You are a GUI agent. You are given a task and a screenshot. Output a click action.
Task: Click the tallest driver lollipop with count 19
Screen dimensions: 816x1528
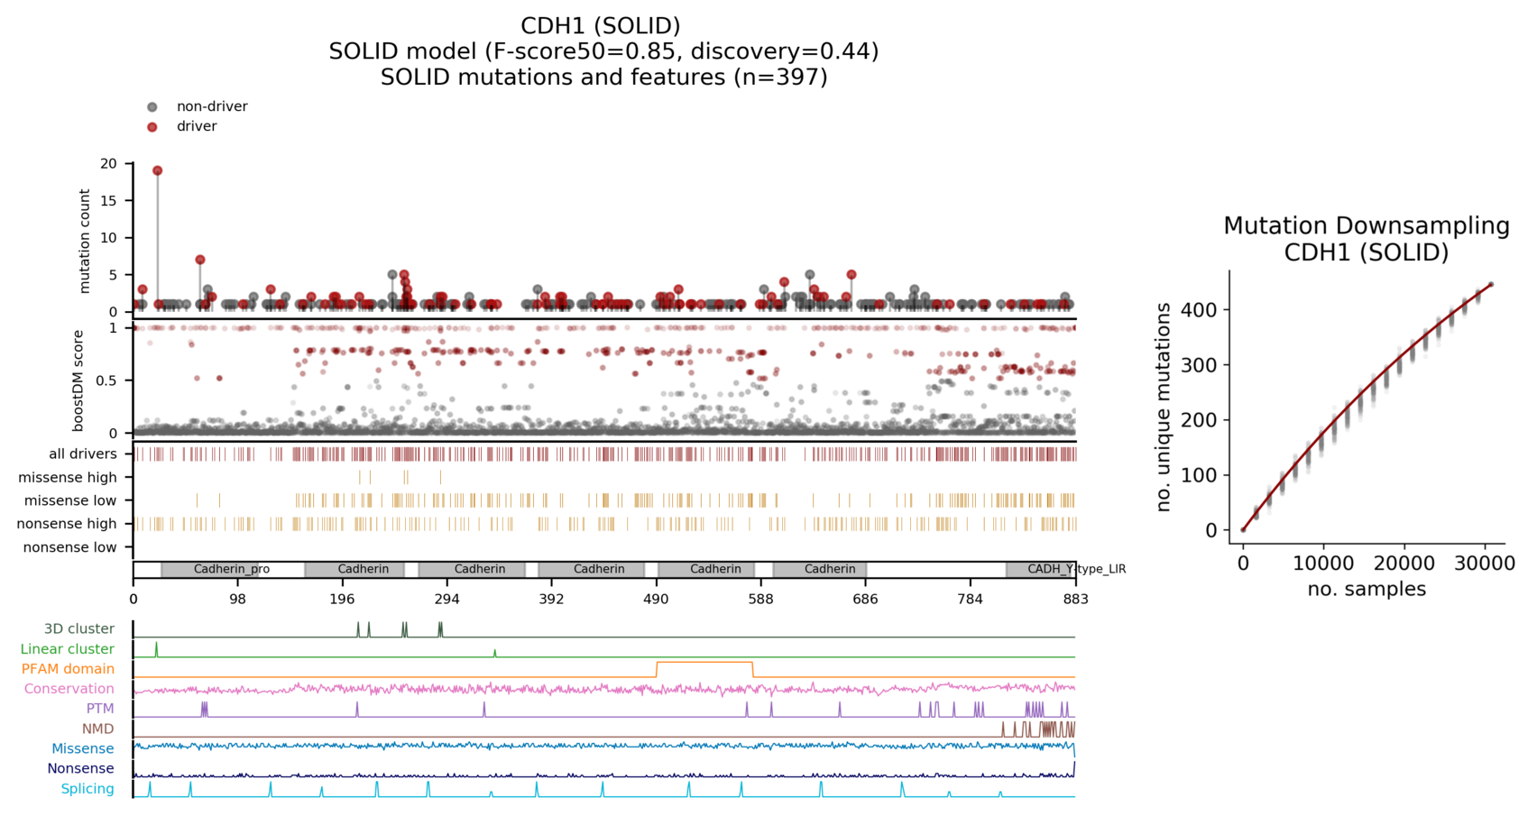[158, 170]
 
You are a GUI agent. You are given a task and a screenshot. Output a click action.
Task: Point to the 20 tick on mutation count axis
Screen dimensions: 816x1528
[109, 163]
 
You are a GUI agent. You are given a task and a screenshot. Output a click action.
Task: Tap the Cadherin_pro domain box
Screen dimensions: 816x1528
[231, 569]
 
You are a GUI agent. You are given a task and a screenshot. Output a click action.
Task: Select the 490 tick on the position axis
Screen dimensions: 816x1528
[656, 598]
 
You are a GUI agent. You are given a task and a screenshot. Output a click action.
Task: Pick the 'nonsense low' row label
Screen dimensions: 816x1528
[69, 547]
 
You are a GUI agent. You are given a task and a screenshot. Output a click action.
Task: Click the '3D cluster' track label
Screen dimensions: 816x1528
[78, 628]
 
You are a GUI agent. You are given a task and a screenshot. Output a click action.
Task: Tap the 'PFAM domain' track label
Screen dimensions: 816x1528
[68, 669]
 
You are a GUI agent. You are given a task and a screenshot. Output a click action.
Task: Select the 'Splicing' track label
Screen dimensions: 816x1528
[87, 789]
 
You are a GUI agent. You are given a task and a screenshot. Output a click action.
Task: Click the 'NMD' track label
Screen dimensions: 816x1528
[97, 729]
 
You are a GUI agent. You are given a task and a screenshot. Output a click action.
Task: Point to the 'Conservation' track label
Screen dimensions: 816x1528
[69, 689]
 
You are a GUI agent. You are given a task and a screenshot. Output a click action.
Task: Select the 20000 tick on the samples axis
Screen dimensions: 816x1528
[1404, 564]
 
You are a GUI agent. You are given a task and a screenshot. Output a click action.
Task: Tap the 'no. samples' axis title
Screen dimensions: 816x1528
[1366, 590]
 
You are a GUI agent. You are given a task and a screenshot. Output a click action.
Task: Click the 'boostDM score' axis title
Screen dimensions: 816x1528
[78, 380]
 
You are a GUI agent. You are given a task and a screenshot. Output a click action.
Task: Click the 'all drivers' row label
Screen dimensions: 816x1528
[82, 454]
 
